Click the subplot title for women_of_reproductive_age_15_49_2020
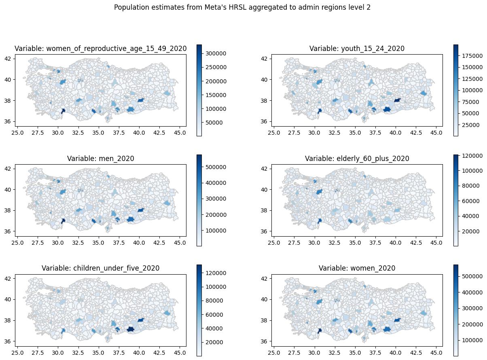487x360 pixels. click(x=101, y=49)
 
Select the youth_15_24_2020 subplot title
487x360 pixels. click(x=357, y=49)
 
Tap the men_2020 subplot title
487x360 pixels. click(x=101, y=159)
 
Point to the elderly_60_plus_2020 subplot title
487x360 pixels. click(x=357, y=159)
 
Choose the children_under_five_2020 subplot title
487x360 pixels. click(x=101, y=268)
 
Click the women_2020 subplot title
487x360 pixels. click(x=357, y=268)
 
